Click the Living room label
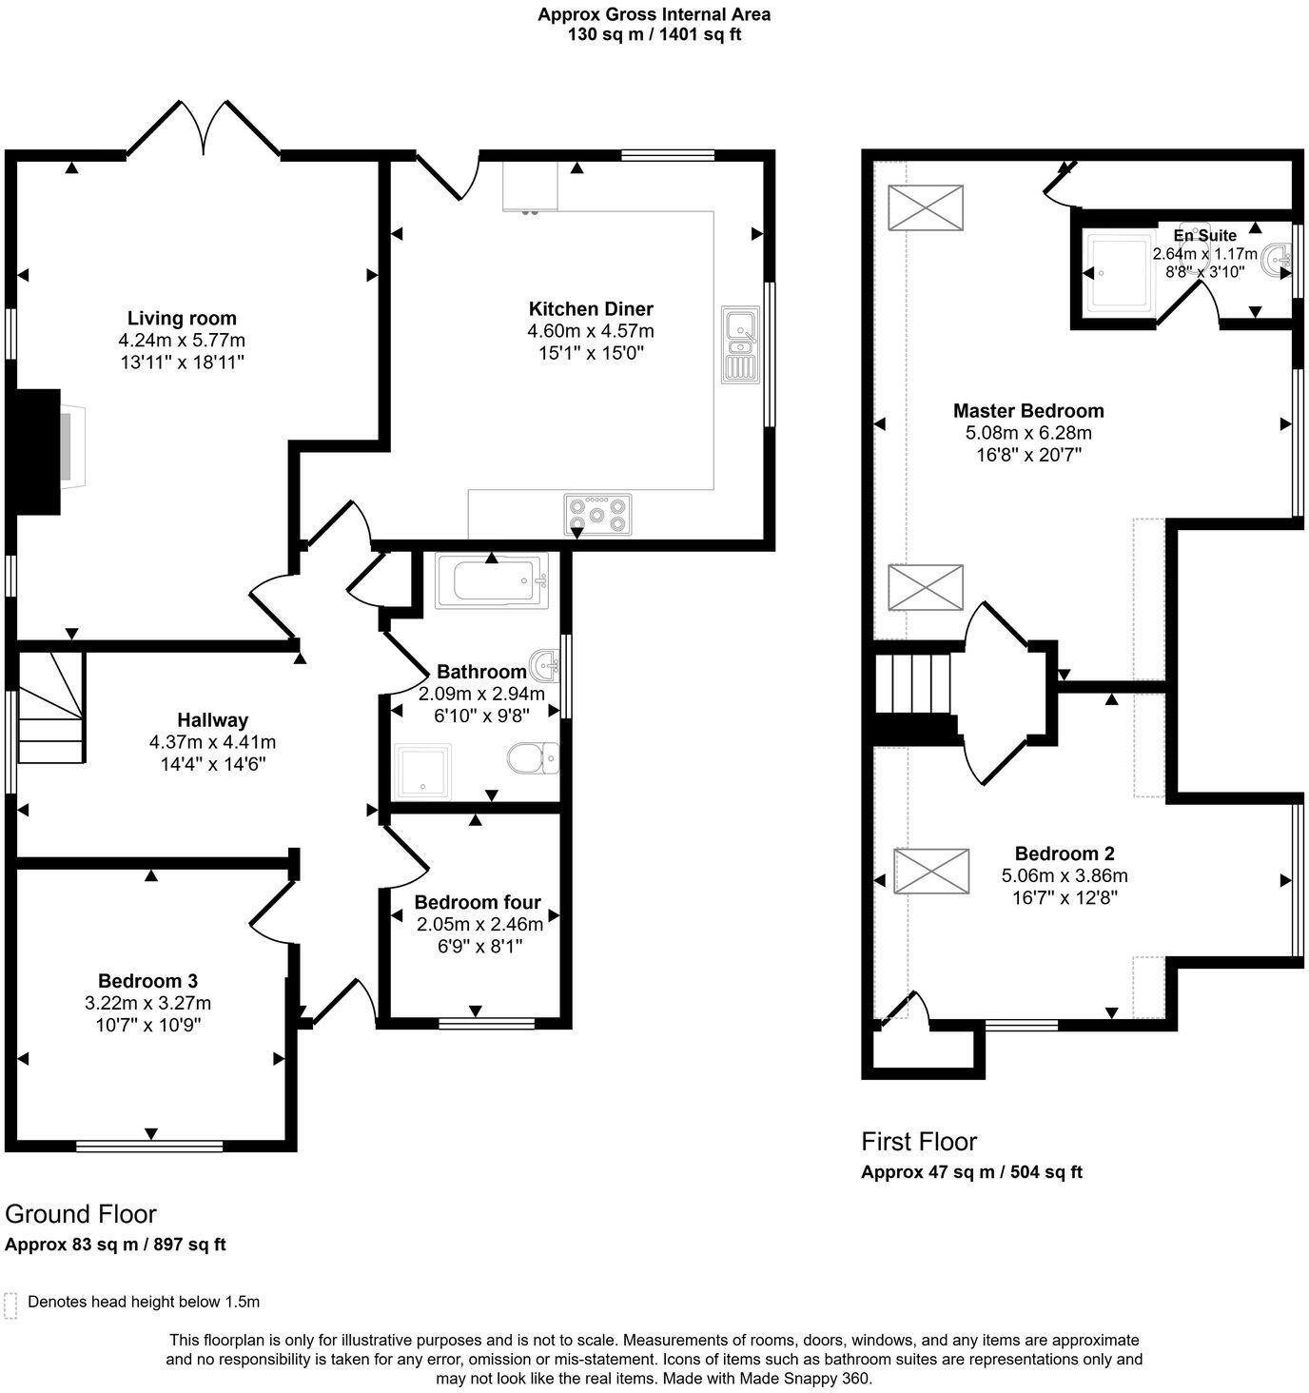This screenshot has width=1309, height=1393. (x=182, y=318)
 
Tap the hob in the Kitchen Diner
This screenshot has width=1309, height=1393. (x=597, y=514)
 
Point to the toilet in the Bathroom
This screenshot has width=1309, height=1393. (x=533, y=758)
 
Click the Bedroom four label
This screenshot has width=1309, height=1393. (x=478, y=902)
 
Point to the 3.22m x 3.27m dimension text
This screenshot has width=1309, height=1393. (x=148, y=1003)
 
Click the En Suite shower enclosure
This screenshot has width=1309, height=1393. (x=1119, y=273)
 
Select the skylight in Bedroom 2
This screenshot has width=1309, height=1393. (x=931, y=871)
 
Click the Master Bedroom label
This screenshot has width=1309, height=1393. (x=1028, y=411)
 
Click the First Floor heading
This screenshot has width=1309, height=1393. (x=919, y=1141)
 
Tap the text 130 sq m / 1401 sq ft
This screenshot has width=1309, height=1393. (x=654, y=34)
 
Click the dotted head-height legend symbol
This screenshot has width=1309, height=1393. (x=11, y=1305)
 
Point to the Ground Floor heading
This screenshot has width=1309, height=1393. (x=80, y=1213)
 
